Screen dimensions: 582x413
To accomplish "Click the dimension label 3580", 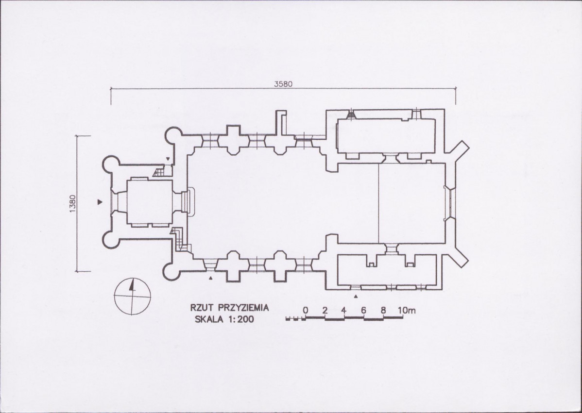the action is click(283, 84).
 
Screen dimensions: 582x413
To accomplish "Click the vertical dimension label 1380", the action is click(72, 203).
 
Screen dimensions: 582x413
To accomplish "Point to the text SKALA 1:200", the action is click(224, 319).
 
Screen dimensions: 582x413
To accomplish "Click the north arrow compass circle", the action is click(133, 296).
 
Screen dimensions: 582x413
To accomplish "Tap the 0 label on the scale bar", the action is click(305, 310).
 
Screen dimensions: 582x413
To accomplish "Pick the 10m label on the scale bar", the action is click(407, 310).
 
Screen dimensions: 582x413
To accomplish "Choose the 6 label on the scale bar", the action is click(364, 310).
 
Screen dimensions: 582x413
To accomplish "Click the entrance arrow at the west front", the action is click(100, 202).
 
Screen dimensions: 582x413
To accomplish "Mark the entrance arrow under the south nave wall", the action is click(211, 278).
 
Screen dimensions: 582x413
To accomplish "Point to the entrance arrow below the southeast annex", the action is click(356, 296).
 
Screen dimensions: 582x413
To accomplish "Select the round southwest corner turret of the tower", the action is click(111, 239).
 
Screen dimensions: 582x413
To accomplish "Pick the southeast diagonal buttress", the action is click(457, 255).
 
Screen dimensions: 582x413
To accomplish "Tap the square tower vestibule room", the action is click(150, 202).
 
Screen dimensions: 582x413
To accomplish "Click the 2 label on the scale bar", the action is click(325, 310).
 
